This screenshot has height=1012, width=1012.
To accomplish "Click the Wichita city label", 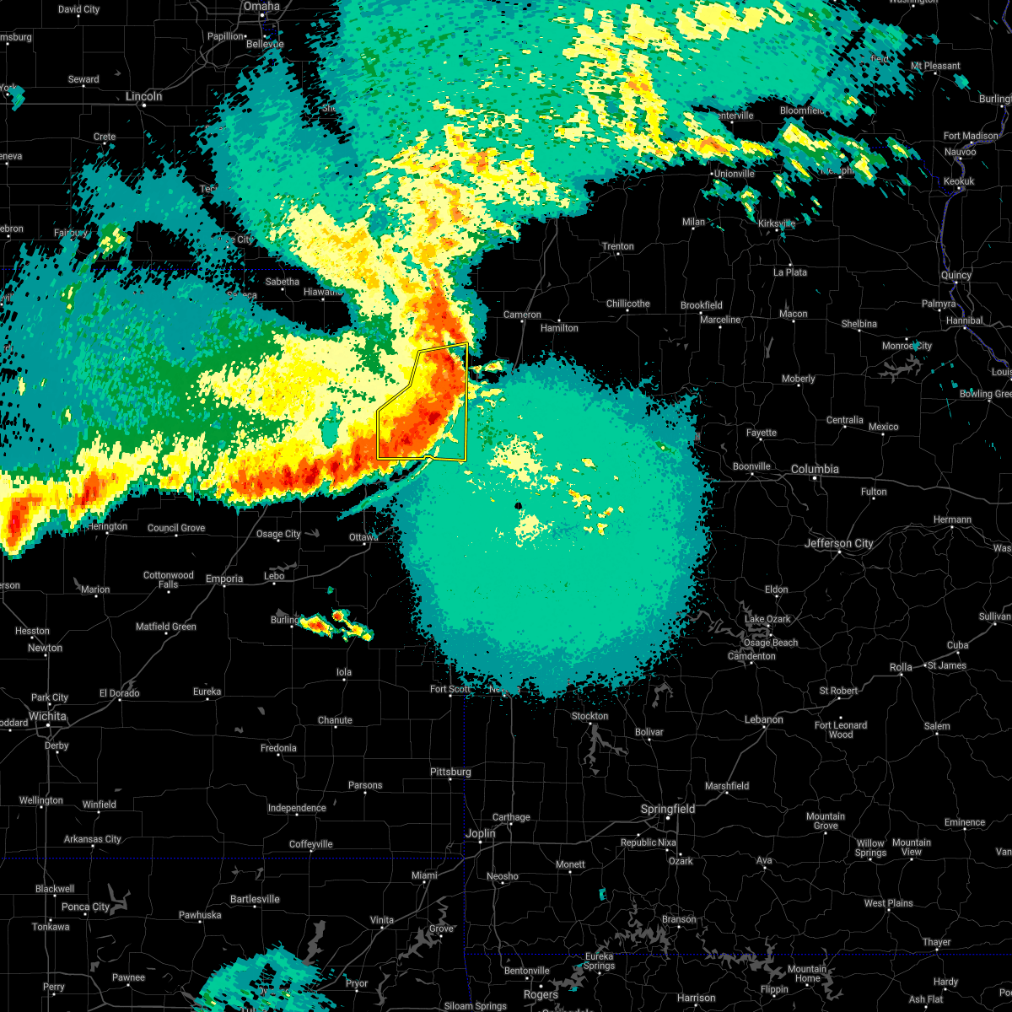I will coord(47,716).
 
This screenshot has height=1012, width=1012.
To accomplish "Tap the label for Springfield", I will coord(668,809).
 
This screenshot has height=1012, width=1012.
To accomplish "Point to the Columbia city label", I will coord(815,469).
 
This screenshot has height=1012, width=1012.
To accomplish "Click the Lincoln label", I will coord(143,96).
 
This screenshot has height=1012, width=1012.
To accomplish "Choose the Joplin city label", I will coord(481,833).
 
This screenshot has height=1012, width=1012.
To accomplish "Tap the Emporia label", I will coord(224,579).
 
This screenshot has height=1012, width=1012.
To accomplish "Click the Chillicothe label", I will coord(627,304).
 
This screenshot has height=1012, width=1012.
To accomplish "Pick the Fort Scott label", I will coord(450,689).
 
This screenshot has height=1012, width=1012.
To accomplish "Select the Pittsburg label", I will coord(450,772).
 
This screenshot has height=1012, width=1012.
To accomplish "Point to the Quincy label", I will coord(956,275).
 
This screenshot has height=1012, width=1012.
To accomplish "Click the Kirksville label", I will coord(776,223).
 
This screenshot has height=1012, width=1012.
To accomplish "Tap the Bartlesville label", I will coord(254,899).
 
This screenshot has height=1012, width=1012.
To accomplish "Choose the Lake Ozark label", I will coord(767,619).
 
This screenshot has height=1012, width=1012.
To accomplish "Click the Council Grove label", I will coord(176,528).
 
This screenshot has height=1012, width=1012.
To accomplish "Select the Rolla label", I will coord(901,667).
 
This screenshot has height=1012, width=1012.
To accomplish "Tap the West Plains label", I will coord(888,903).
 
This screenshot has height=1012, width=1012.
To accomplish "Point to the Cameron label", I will coord(522,315).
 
